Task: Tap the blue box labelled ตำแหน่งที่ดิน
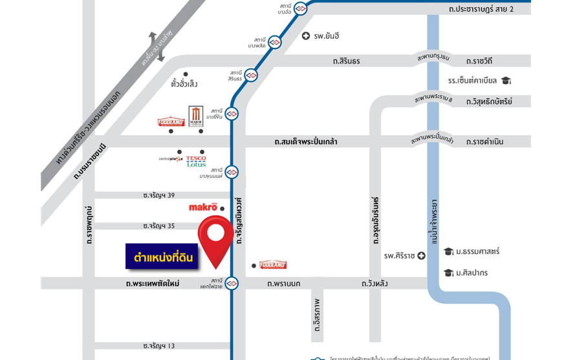click(x=162, y=257)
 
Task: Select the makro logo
click(x=203, y=207)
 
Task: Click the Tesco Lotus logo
click(x=196, y=161)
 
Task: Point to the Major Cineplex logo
click(x=196, y=116)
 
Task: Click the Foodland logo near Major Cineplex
click(x=171, y=122)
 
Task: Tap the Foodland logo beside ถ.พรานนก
click(x=272, y=265)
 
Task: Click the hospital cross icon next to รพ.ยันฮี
click(x=306, y=36)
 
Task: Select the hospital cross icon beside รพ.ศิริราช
click(x=421, y=256)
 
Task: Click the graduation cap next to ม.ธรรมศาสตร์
click(x=448, y=251)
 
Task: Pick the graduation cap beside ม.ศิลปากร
click(x=448, y=273)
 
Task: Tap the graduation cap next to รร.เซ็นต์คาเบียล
click(x=506, y=81)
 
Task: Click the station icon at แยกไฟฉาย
click(x=232, y=283)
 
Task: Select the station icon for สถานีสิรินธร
click(x=251, y=76)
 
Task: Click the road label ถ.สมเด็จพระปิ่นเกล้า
click(x=305, y=142)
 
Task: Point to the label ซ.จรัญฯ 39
click(x=158, y=195)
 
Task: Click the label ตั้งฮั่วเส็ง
click(x=184, y=84)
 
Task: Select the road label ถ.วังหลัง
click(x=374, y=284)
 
